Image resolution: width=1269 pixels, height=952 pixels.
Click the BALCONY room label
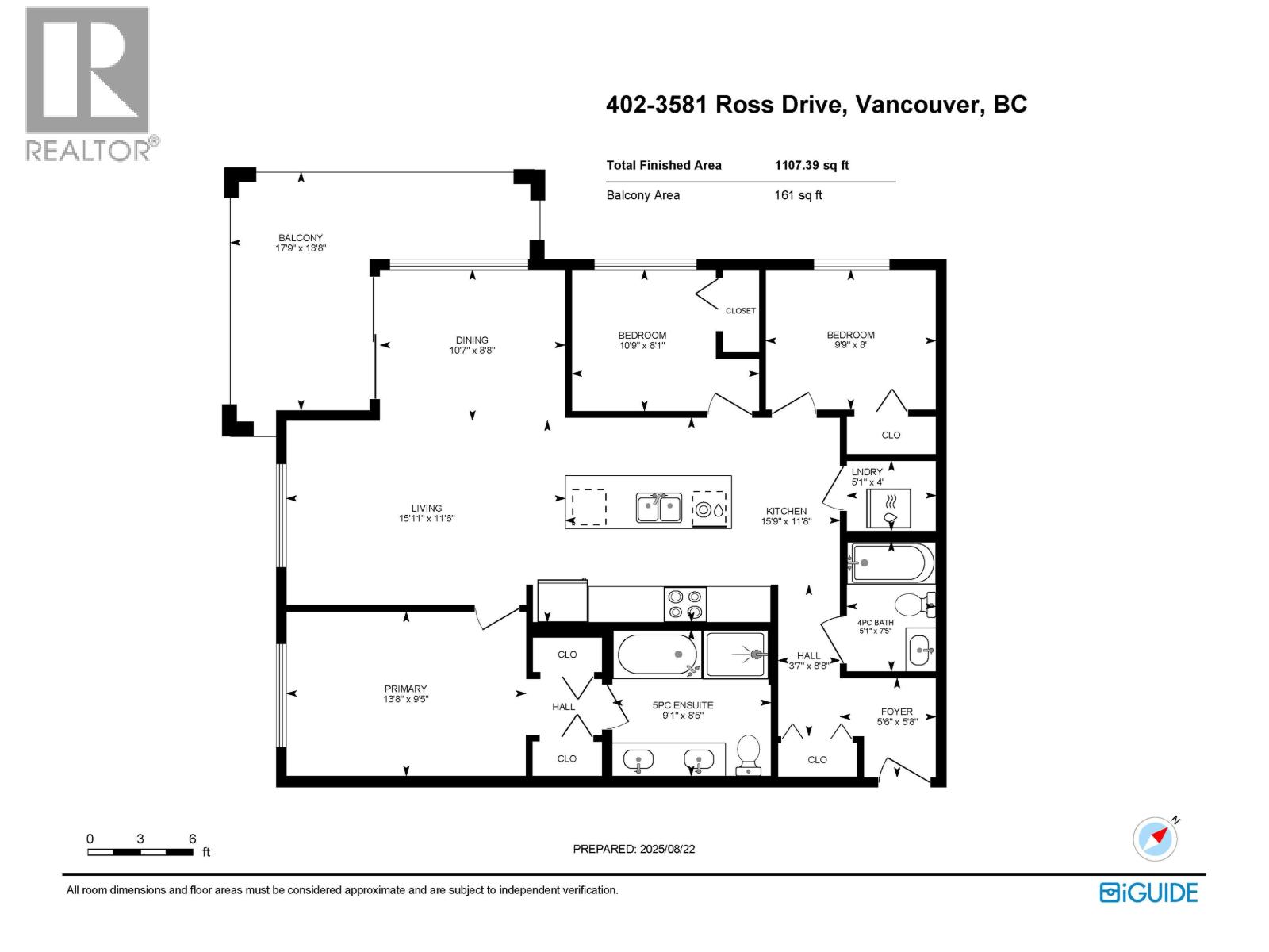tap(300, 237)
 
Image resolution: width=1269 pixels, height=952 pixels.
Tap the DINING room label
tap(472, 340)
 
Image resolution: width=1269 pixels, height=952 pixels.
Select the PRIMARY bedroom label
tap(405, 689)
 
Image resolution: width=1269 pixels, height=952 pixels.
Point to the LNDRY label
tap(867, 472)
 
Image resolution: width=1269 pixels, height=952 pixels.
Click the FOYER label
tap(897, 712)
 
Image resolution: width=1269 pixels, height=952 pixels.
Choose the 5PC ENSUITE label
tap(683, 705)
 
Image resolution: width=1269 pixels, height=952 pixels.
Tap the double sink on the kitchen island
tap(658, 508)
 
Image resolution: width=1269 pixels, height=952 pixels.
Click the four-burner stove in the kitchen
tap(685, 604)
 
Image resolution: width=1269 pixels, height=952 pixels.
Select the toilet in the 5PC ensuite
tap(749, 754)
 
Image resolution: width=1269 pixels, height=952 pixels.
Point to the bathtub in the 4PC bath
tap(891, 563)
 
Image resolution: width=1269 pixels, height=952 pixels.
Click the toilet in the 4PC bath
tap(914, 605)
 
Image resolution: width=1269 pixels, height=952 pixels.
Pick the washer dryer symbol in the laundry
tap(888, 508)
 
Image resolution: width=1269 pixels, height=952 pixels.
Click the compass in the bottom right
tap(1155, 839)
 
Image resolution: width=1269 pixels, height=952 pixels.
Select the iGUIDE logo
tap(1148, 892)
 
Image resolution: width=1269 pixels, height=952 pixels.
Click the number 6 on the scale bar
tap(193, 838)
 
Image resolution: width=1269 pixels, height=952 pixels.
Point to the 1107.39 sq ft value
tap(811, 165)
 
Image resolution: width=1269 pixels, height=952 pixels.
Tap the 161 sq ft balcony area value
tap(798, 195)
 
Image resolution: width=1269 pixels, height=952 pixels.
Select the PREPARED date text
tap(634, 849)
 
